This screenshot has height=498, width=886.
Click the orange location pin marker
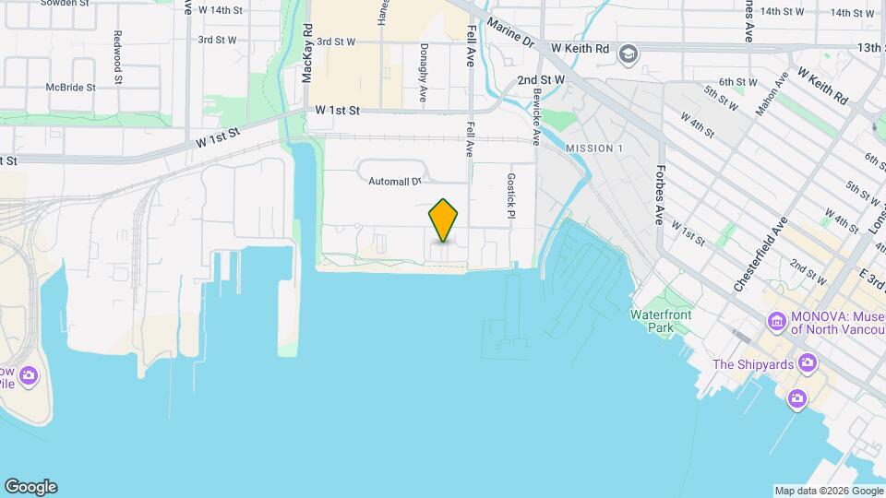pyautogui.click(x=444, y=219)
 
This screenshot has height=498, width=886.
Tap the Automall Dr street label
pyautogui.click(x=394, y=182)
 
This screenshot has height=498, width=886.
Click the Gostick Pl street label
pyautogui.click(x=509, y=196)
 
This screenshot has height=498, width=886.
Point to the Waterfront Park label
pyautogui.click(x=660, y=321)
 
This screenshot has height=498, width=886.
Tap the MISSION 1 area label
pyautogui.click(x=594, y=148)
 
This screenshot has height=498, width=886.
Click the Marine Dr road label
pyautogui.click(x=510, y=33)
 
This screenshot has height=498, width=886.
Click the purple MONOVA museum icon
pyautogui.click(x=777, y=322)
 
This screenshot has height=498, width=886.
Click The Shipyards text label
pyautogui.click(x=753, y=364)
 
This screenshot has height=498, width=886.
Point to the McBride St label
pyautogui.click(x=71, y=88)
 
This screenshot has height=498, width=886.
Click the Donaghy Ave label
pyautogui.click(x=424, y=72)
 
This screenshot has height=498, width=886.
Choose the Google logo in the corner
pyautogui.click(x=30, y=487)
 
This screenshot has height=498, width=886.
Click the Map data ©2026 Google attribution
pyautogui.click(x=828, y=491)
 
